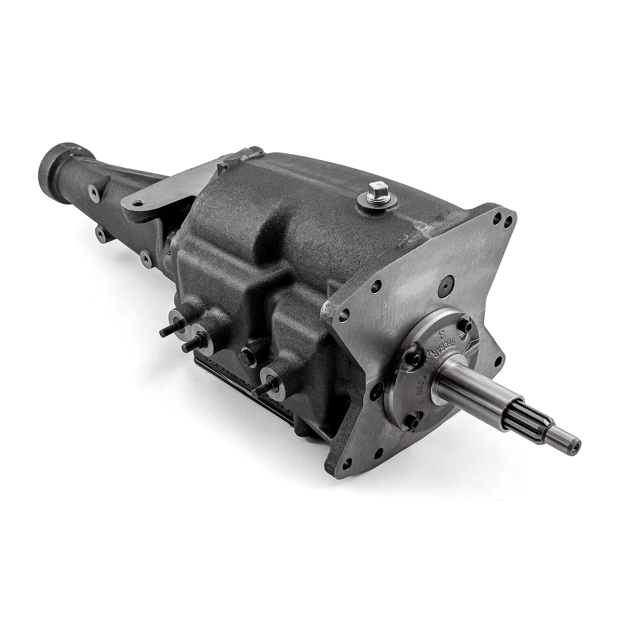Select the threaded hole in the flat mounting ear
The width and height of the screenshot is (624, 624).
(138, 203)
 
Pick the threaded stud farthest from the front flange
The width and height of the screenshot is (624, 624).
(170, 328)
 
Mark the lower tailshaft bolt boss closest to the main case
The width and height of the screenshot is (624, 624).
(146, 259)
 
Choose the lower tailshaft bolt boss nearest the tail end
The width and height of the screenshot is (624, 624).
(102, 234)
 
